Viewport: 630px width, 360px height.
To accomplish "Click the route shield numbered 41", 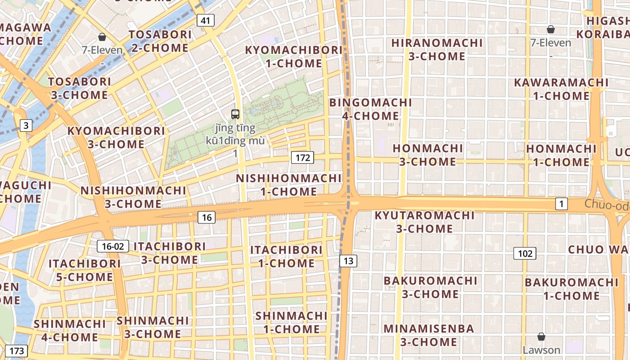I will pos(205,20).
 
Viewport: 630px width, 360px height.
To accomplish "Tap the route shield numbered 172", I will pos(302,157).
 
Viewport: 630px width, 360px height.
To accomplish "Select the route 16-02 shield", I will pos(113,246).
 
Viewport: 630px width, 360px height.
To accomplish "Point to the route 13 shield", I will pos(348,261).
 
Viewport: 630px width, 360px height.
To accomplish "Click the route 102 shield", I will pos(525,253).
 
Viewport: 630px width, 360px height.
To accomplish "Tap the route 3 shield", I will pos(26,126).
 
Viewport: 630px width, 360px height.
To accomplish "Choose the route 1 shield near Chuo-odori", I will pos(561,204).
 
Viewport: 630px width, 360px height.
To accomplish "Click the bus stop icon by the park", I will pos(235,114).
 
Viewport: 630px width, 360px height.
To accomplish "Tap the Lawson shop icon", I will pos(541,337).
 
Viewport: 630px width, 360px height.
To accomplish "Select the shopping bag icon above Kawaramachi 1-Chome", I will pos(550,30).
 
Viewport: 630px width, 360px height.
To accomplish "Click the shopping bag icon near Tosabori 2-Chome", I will pos(102,37).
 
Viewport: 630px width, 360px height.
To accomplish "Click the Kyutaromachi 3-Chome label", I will pos(424,222).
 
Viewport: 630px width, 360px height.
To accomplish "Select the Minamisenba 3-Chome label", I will pos(428,335).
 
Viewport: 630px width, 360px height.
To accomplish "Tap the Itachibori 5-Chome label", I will pos(85,270).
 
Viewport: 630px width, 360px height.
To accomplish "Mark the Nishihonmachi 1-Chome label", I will pos(289,185).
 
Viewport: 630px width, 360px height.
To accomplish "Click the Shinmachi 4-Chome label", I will pos(70,330).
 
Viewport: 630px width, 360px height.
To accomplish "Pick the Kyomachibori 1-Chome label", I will pos(293,57).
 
